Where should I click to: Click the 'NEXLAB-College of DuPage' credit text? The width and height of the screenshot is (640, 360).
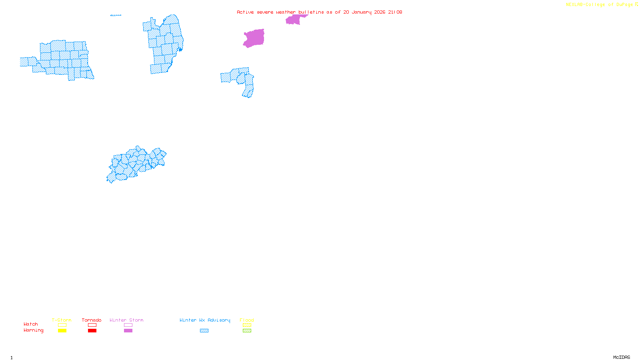pyautogui.click(x=600, y=5)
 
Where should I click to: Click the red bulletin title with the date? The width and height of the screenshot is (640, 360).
pyautogui.click(x=319, y=12)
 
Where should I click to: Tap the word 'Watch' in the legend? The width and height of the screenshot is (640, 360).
pyautogui.click(x=31, y=324)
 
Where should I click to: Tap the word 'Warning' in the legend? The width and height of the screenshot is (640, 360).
pyautogui.click(x=33, y=330)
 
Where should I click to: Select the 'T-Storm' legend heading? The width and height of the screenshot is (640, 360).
pyautogui.click(x=62, y=320)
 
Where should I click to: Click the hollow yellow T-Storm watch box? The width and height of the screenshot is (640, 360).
pyautogui.click(x=62, y=325)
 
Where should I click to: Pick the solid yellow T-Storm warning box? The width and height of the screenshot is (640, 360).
pyautogui.click(x=62, y=331)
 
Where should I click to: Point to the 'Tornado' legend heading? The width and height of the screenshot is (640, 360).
pyautogui.click(x=92, y=320)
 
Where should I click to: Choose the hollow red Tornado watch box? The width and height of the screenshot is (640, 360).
pyautogui.click(x=92, y=325)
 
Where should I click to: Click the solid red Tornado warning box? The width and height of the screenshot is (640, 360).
pyautogui.click(x=92, y=331)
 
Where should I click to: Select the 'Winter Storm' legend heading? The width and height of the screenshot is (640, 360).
pyautogui.click(x=126, y=320)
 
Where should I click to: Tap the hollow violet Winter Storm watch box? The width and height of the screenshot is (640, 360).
pyautogui.click(x=128, y=325)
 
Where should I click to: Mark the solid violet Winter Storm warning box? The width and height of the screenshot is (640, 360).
pyautogui.click(x=128, y=331)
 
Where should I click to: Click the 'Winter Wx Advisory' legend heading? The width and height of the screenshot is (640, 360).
pyautogui.click(x=205, y=320)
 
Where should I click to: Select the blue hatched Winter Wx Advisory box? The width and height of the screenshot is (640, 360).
pyautogui.click(x=204, y=331)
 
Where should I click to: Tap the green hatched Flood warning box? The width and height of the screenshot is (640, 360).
pyautogui.click(x=247, y=331)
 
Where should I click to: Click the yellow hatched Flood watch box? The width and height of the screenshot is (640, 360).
pyautogui.click(x=247, y=325)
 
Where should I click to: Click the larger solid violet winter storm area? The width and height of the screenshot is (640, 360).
pyautogui.click(x=254, y=38)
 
